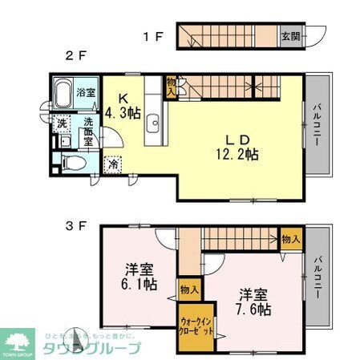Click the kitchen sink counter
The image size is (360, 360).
pyautogui.click(x=154, y=124)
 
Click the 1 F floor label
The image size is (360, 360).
pyautogui.click(x=153, y=36)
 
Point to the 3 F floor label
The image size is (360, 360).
pyautogui.click(x=75, y=227)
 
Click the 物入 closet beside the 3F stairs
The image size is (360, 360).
pyautogui.click(x=291, y=238)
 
